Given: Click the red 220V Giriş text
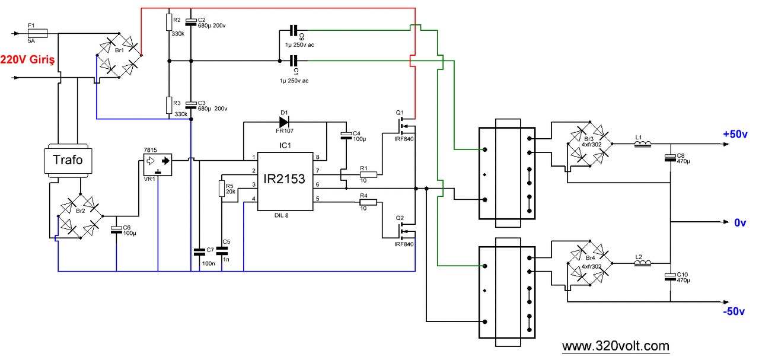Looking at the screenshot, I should click(28, 60).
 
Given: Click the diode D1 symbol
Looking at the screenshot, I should click(285, 122).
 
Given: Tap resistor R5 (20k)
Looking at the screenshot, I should click(222, 189).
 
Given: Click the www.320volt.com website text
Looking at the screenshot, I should click(616, 346).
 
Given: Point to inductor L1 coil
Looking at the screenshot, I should click(643, 144).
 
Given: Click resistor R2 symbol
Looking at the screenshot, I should click(170, 23).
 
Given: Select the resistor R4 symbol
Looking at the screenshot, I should click(368, 202).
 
